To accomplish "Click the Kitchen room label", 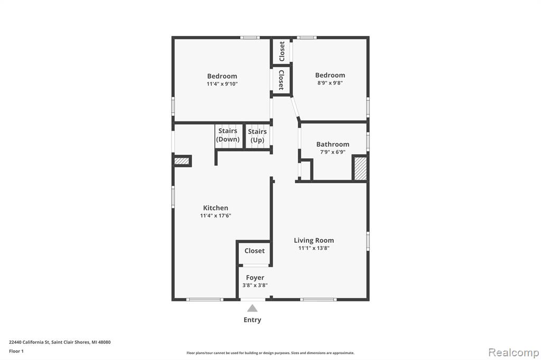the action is (x=216, y=208).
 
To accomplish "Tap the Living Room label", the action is (x=314, y=240).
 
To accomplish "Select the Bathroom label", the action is (x=333, y=144).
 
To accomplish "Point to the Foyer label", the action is (x=255, y=278).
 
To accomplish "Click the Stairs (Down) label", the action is (x=228, y=135).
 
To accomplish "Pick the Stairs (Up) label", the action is (x=257, y=136).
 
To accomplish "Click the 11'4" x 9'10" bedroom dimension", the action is (x=222, y=84).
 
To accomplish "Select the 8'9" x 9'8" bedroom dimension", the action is (x=330, y=83).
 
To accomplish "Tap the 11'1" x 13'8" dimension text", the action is (x=314, y=248).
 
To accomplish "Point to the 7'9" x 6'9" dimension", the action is (x=333, y=151).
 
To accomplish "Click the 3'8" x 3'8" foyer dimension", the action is (x=255, y=285).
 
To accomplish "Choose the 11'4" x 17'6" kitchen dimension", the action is (x=216, y=215).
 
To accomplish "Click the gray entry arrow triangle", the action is (x=252, y=308).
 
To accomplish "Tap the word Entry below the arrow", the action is (x=252, y=320).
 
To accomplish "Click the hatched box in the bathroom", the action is (x=360, y=168).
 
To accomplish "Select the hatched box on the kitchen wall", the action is (x=182, y=160).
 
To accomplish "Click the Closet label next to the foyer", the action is (x=255, y=251).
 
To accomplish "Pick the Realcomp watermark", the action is (x=514, y=353).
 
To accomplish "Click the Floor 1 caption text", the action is (x=16, y=352).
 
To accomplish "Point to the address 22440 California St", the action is (x=30, y=343).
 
